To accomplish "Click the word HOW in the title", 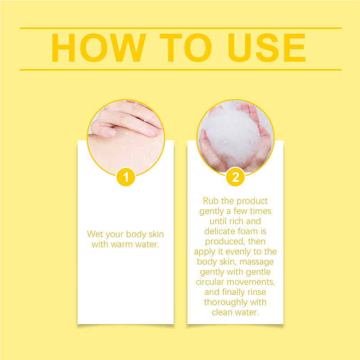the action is tap(99, 48).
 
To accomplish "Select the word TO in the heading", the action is tap(185, 48).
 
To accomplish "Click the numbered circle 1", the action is tap(126, 177).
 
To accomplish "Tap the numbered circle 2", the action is tap(235, 177).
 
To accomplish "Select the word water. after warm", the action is tap(147, 244).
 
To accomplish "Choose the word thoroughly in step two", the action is tap(226, 302).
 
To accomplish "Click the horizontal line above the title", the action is tap(181, 28).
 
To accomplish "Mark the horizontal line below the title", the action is tap(181, 70).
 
